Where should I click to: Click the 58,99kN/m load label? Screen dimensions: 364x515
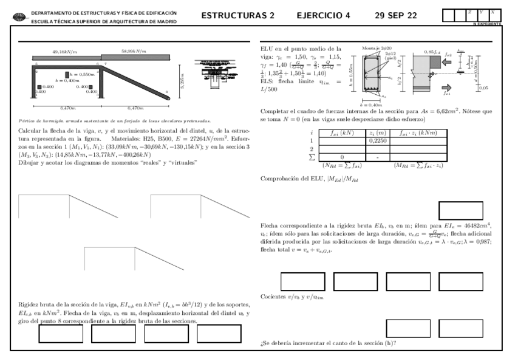pyautogui.click(x=134, y=52)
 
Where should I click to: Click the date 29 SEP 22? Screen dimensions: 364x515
pyautogui.click(x=395, y=15)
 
